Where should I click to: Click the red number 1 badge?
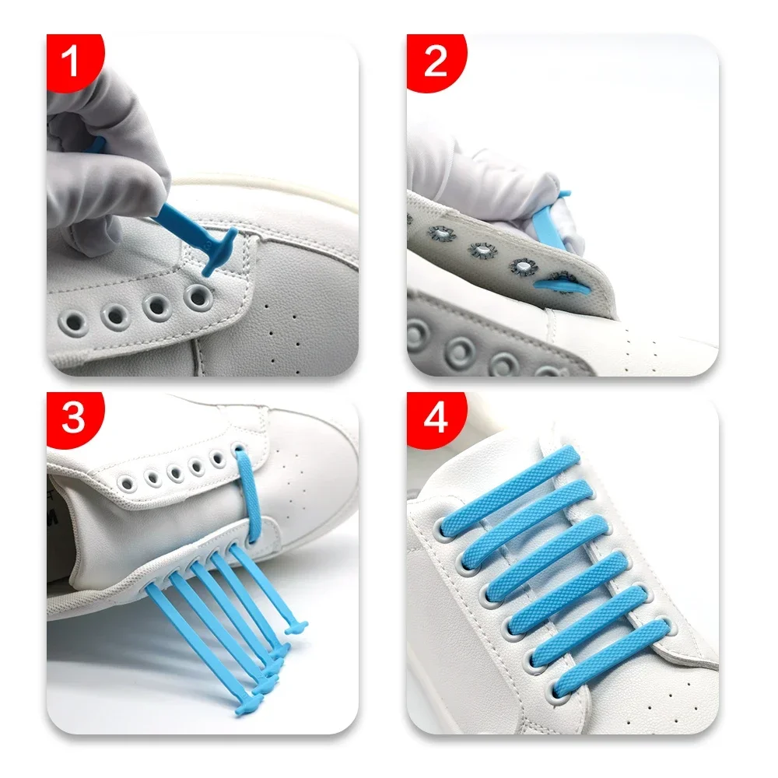[71, 62]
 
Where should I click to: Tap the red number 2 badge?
[435, 62]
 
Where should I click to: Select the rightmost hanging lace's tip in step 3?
[295, 626]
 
